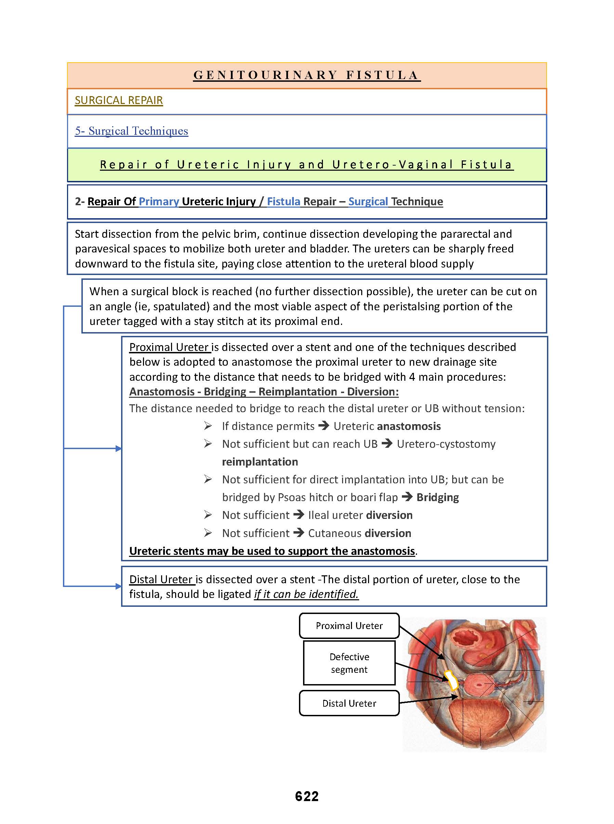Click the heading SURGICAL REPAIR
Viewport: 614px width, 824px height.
click(119, 100)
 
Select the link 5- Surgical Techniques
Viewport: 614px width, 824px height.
click(131, 131)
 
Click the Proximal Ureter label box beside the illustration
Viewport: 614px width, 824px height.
click(349, 626)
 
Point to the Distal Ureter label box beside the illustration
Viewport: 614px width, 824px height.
click(349, 703)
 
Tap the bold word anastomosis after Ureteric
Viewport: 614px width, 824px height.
click(408, 426)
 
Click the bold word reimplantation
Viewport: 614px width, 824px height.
click(260, 462)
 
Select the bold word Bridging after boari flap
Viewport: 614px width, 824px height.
click(437, 497)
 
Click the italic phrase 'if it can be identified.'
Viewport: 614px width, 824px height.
click(306, 594)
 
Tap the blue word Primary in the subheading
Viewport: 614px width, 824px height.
click(159, 201)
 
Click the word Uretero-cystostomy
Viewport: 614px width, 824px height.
click(446, 444)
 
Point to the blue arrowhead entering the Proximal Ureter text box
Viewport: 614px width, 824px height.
click(119, 449)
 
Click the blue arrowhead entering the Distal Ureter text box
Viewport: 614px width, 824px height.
click(119, 587)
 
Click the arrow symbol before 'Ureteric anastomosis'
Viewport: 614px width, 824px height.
click(324, 426)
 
